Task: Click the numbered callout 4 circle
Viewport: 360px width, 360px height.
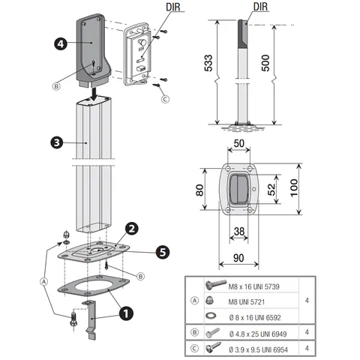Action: pyautogui.click(x=61, y=44)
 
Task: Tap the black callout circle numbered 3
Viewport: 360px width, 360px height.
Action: pyautogui.click(x=57, y=142)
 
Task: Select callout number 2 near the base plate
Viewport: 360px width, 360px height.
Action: pyautogui.click(x=132, y=229)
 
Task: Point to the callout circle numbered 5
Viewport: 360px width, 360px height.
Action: pyautogui.click(x=163, y=252)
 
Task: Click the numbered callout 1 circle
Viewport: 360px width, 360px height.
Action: pyautogui.click(x=126, y=313)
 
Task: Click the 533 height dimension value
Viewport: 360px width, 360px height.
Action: pyautogui.click(x=208, y=63)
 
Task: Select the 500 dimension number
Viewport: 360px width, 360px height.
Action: pyautogui.click(x=265, y=63)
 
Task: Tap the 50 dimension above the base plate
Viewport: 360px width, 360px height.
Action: pyautogui.click(x=238, y=143)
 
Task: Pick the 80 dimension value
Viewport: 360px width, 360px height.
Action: pyautogui.click(x=199, y=190)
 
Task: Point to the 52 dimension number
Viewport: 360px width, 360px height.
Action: pyautogui.click(x=271, y=190)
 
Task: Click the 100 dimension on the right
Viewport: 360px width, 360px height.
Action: pyautogui.click(x=294, y=188)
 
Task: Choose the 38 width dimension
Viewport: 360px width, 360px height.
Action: pyautogui.click(x=239, y=231)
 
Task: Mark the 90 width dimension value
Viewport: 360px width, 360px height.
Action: pyautogui.click(x=238, y=258)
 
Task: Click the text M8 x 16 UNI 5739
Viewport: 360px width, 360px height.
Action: pyautogui.click(x=253, y=286)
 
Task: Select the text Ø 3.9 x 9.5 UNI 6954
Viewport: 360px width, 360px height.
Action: pyautogui.click(x=258, y=349)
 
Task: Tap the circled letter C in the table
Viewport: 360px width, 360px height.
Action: pyautogui.click(x=194, y=348)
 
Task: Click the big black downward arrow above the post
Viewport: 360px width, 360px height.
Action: pyautogui.click(x=94, y=94)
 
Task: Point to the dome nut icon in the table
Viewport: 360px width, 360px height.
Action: pyautogui.click(x=209, y=301)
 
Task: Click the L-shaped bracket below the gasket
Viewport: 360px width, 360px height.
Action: pyautogui.click(x=91, y=320)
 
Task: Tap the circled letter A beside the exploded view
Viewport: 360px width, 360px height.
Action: pyautogui.click(x=43, y=282)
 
